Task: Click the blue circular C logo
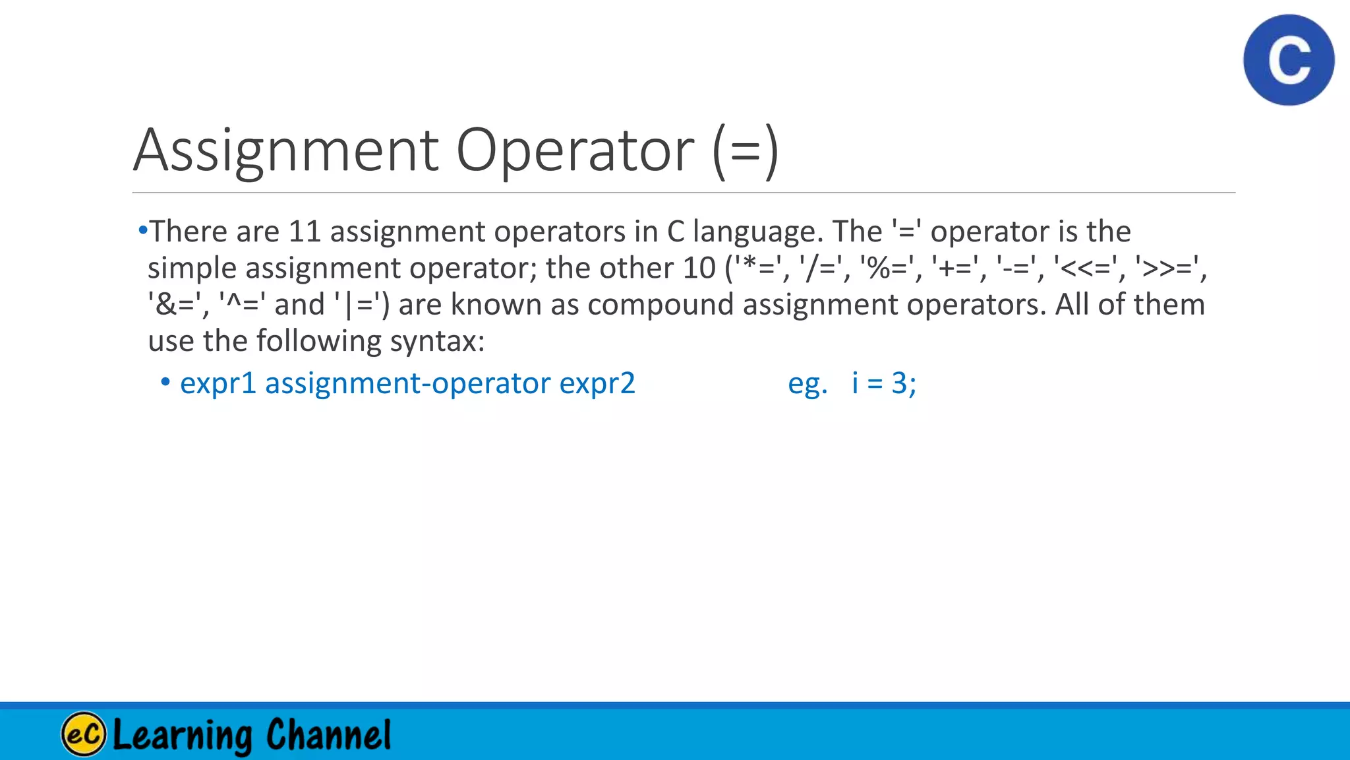pos(1289,60)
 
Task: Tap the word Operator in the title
pos(575,150)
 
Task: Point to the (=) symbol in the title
pos(746,150)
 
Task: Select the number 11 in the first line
pos(305,232)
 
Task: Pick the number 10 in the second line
pos(699,268)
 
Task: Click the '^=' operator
pos(242,305)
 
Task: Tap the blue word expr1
pos(218,384)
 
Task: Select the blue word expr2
pos(597,384)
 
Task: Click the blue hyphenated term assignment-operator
pos(407,384)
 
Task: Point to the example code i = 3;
pos(883,383)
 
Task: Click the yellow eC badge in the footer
pos(84,734)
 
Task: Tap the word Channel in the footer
pos(328,734)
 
